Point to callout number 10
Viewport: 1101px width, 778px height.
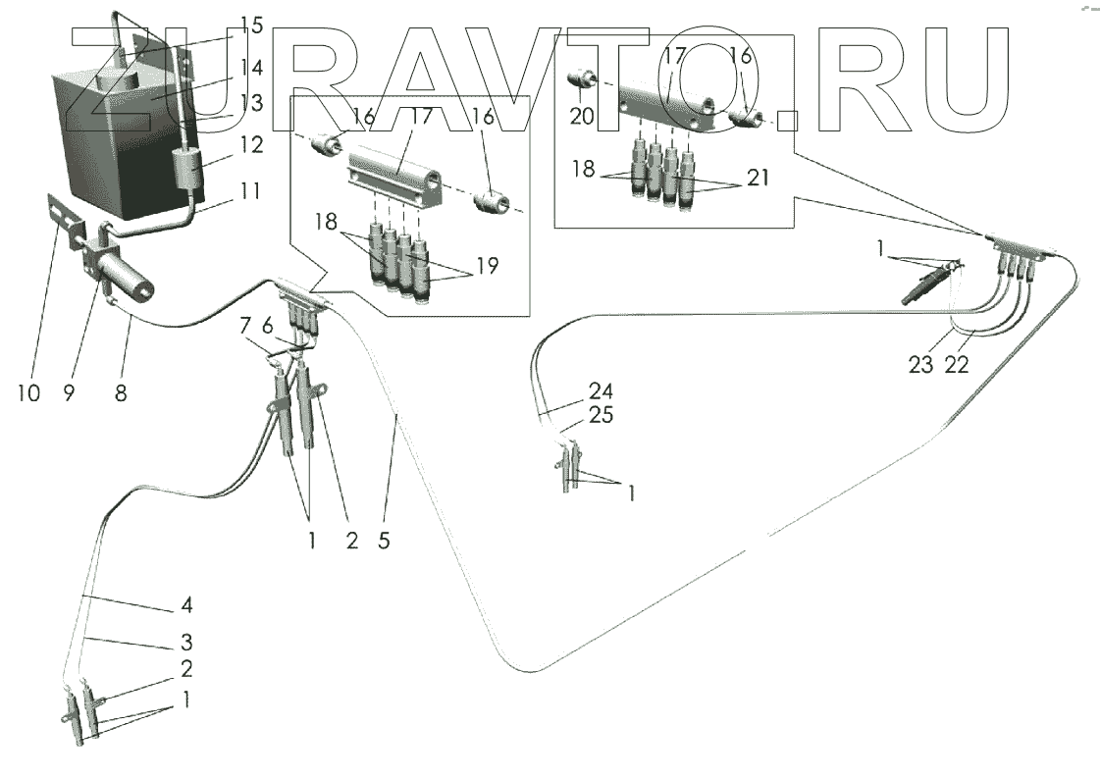[28, 393]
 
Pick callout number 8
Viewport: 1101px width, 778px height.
[119, 393]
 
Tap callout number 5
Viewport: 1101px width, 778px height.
[384, 539]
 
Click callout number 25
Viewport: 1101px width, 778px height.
[601, 417]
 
